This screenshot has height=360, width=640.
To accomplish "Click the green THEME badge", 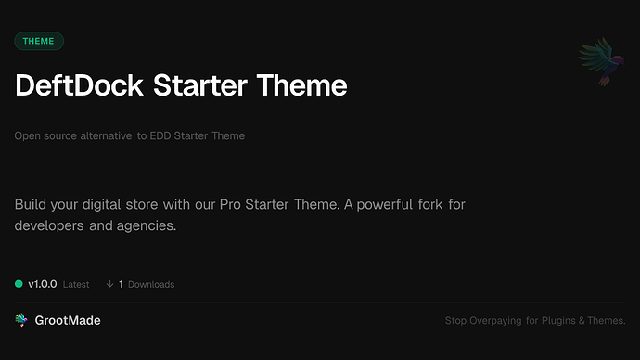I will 39,41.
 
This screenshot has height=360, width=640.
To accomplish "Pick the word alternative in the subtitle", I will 104,136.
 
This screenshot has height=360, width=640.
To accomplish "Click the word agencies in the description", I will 144,225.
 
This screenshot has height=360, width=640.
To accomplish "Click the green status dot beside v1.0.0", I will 19,284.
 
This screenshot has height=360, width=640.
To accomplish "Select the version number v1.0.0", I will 45,284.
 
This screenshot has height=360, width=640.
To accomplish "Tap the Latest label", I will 76,284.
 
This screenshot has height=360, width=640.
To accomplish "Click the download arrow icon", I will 109,284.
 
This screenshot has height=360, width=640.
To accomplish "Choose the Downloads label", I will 151,284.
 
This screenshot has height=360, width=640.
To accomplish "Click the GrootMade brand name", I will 68,320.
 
